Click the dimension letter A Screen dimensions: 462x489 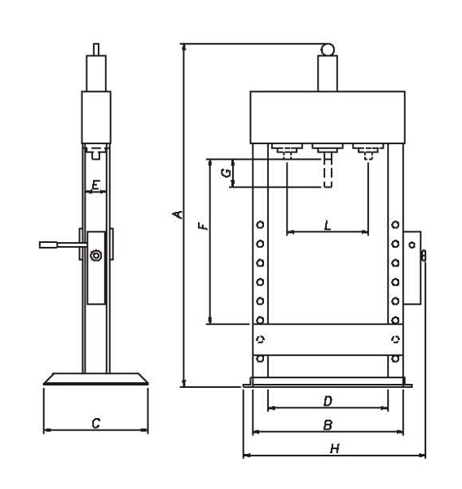pyautogui.click(x=178, y=214)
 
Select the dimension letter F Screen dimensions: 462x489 pyautogui.click(x=203, y=226)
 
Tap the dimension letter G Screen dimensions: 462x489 pyautogui.click(x=226, y=173)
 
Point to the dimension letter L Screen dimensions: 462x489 pyautogui.click(x=328, y=225)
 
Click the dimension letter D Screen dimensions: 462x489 pyautogui.click(x=328, y=401)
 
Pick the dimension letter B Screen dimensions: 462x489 pyautogui.click(x=328, y=425)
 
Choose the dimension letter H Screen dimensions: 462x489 pyautogui.click(x=335, y=449)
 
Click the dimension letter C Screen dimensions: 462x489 pyautogui.click(x=96, y=423)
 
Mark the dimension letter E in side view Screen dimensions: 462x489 pyautogui.click(x=96, y=186)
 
